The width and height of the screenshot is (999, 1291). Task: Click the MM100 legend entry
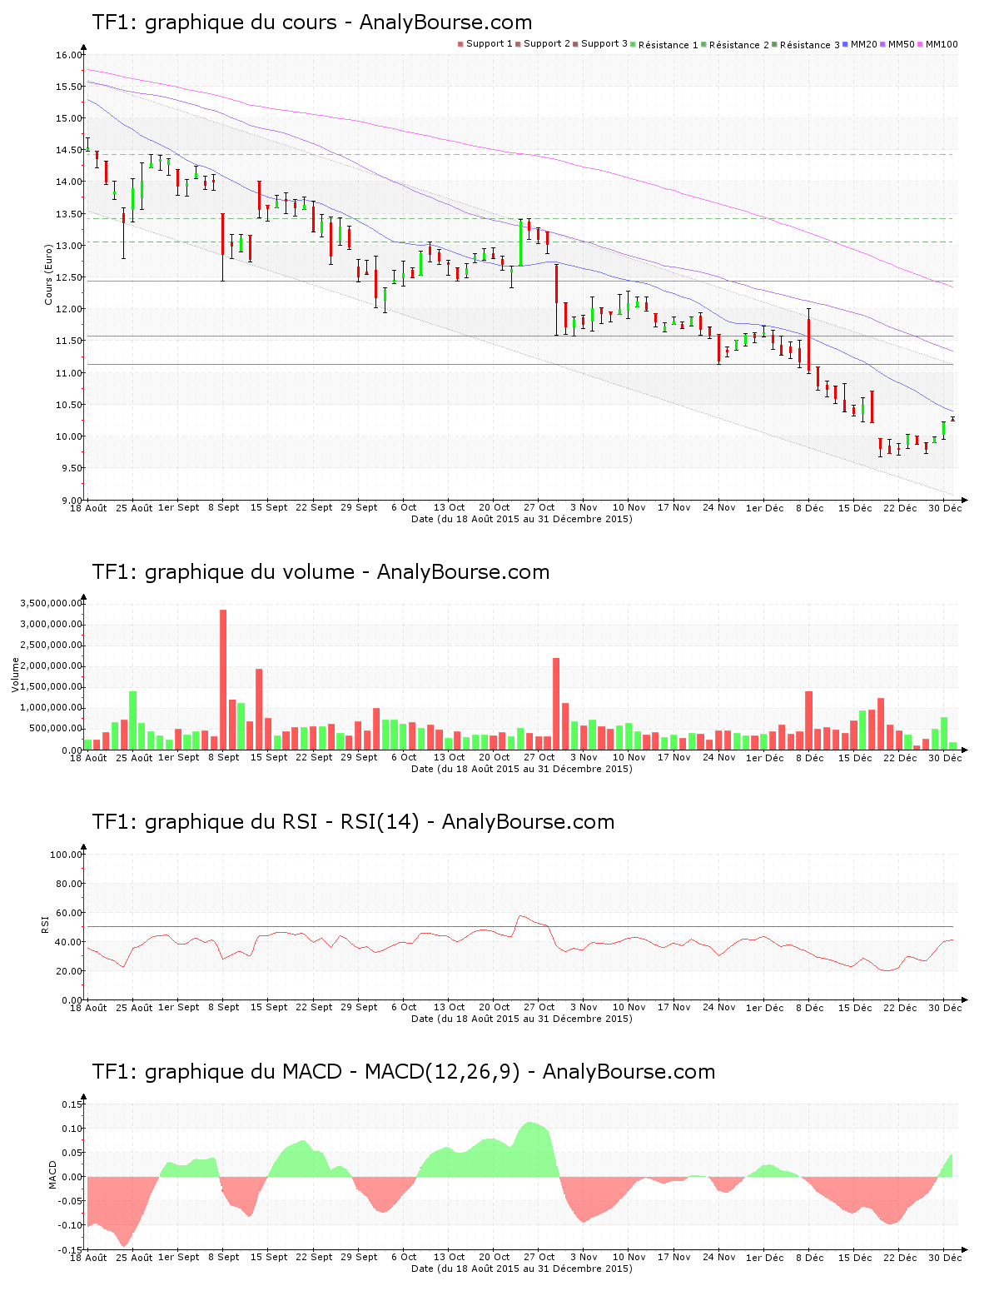click(941, 44)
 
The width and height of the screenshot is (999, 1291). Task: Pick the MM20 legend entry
click(863, 44)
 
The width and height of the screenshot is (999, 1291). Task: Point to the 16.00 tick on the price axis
click(69, 55)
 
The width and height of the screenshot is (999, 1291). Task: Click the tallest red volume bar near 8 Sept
click(223, 679)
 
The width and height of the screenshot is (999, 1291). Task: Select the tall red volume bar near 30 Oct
click(556, 703)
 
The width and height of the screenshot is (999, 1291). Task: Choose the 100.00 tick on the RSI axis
click(66, 855)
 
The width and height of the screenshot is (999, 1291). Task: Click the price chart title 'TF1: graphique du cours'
click(214, 22)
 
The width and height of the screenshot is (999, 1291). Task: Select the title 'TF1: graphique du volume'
click(223, 572)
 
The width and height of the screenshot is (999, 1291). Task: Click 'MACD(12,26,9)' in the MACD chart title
click(442, 1072)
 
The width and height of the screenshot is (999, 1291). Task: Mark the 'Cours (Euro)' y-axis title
click(48, 273)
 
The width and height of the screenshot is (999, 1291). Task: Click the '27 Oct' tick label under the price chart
click(539, 507)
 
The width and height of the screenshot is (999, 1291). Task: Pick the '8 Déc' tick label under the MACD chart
click(809, 1257)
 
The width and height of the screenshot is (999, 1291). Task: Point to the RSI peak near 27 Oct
click(521, 916)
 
